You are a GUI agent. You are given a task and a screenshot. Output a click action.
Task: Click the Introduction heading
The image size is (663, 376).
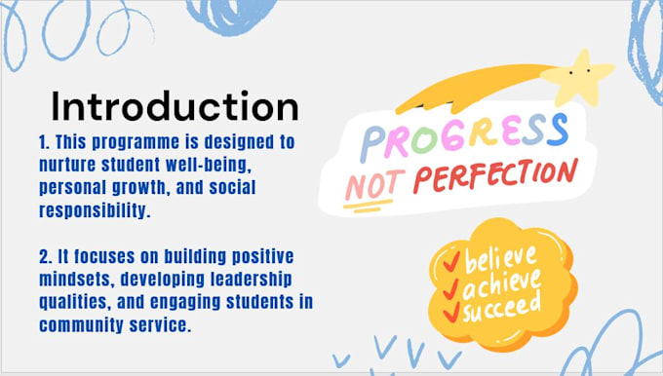175,106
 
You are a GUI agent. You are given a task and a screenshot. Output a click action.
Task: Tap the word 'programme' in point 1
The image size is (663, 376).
139,143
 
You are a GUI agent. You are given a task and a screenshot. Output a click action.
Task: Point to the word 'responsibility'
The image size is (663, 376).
95,210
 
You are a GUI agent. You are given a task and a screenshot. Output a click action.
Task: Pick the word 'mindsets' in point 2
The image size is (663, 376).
77,280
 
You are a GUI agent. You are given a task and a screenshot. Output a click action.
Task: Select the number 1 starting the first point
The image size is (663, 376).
44,142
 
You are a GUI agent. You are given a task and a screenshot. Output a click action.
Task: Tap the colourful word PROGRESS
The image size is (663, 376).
464,136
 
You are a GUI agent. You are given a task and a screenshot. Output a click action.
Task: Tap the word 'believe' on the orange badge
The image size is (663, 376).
500,259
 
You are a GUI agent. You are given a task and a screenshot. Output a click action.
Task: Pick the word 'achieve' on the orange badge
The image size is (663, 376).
501,283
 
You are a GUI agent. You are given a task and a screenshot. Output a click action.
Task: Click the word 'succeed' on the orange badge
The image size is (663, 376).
501,308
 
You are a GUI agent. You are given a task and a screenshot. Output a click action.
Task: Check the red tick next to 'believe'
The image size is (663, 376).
451,261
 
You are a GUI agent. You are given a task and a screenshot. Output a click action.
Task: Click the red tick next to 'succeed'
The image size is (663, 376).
451,312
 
